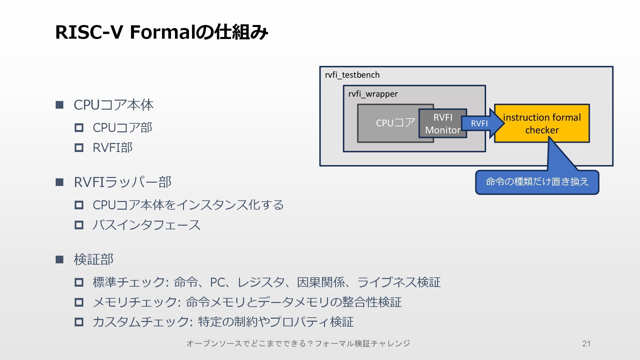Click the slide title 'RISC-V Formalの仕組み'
tap(161, 32)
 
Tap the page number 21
tap(586, 344)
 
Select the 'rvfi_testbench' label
tap(352, 75)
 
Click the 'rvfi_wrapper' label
tap(373, 94)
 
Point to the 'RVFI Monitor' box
tap(443, 124)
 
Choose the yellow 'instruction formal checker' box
tap(542, 124)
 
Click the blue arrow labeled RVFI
tap(480, 124)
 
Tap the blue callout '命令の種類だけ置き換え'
tap(537, 182)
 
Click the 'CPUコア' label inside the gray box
tap(395, 123)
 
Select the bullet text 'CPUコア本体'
tap(113, 105)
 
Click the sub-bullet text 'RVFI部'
tap(112, 148)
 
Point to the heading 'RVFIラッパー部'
tap(122, 182)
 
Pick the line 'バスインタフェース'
tap(146, 225)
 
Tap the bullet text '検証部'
tap(93, 260)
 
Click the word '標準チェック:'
tap(130, 282)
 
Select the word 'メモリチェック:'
tap(137, 302)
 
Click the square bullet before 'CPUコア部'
tap(79, 128)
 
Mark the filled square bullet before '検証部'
tap(60, 260)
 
